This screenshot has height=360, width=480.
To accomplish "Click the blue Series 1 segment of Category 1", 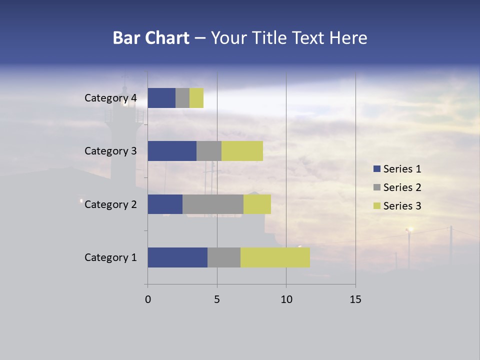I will (177, 257).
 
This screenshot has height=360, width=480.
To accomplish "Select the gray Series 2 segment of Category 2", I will (213, 204).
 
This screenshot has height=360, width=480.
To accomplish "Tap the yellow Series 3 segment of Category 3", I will (242, 151).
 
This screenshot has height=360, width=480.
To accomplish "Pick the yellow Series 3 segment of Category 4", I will (196, 98).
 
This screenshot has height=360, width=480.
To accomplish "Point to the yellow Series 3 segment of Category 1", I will (275, 257).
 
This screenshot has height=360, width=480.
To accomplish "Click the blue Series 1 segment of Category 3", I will (172, 151).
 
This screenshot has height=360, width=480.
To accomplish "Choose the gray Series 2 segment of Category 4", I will (182, 98).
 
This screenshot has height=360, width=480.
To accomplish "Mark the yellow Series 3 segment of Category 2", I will (257, 204).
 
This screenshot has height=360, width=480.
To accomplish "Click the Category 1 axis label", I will (110, 257).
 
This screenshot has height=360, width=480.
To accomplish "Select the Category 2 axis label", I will (110, 204).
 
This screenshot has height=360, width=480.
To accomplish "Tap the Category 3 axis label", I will (110, 151).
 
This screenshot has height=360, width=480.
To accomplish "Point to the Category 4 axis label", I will (110, 98).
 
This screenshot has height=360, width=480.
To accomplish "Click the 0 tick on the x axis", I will (148, 299).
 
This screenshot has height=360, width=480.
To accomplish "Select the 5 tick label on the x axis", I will (217, 299).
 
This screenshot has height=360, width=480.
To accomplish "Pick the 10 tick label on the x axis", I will (286, 299).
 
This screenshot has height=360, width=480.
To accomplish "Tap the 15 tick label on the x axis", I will (355, 299).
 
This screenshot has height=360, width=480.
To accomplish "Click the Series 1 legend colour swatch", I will (376, 169).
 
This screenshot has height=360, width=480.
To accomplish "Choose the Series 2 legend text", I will (402, 187).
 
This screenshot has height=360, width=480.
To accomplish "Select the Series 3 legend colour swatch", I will (376, 206).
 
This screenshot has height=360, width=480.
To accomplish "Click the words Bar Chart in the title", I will (151, 38).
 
